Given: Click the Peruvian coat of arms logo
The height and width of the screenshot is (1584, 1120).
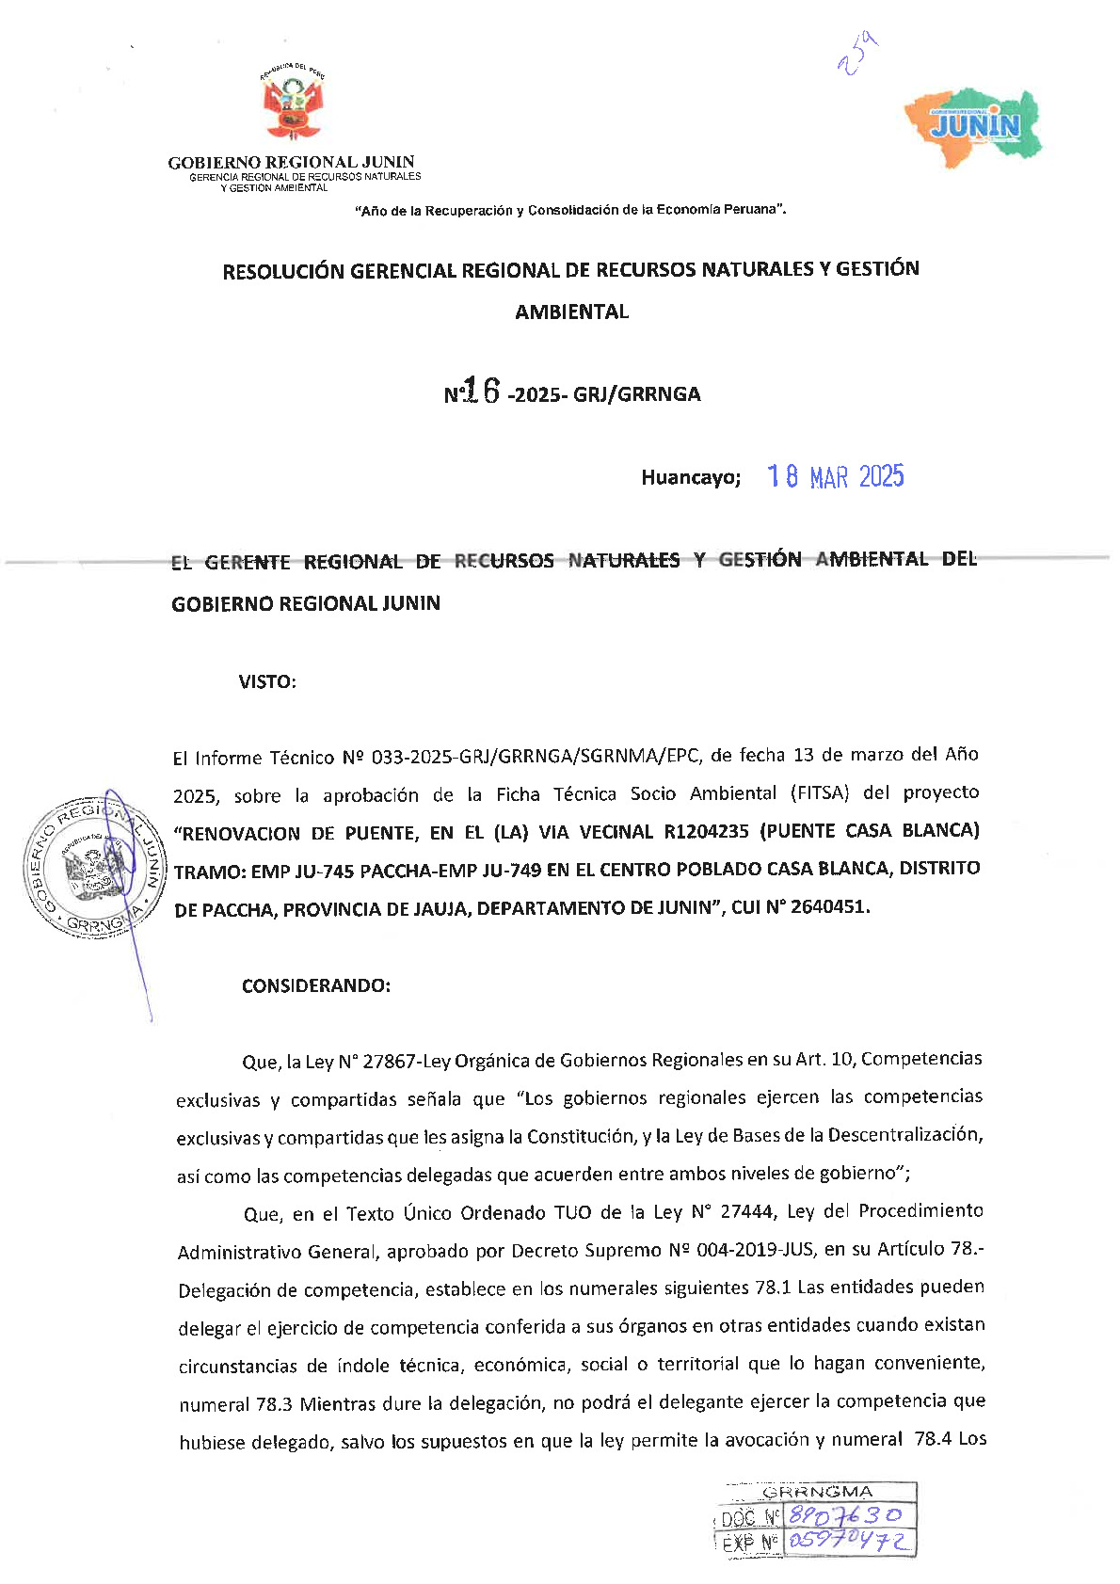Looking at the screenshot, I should [x=293, y=104].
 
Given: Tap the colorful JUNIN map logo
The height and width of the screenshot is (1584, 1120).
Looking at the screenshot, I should [x=974, y=126].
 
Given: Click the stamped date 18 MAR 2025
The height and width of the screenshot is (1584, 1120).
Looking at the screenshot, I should [x=835, y=476].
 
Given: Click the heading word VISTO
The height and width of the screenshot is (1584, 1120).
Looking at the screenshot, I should [x=267, y=682].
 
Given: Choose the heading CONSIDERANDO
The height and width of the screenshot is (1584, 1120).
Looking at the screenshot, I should [x=316, y=986].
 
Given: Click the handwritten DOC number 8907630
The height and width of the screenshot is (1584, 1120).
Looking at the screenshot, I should [x=845, y=1514].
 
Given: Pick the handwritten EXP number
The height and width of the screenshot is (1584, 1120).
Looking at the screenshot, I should [x=849, y=1541].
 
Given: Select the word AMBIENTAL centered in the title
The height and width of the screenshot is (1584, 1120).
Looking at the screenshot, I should [x=571, y=312].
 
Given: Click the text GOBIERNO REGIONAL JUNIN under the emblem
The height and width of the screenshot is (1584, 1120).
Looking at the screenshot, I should [x=291, y=162].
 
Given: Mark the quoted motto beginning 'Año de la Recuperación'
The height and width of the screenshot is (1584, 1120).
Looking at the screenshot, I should [x=570, y=210].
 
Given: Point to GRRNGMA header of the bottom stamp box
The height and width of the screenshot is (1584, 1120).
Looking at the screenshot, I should [x=817, y=1492].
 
